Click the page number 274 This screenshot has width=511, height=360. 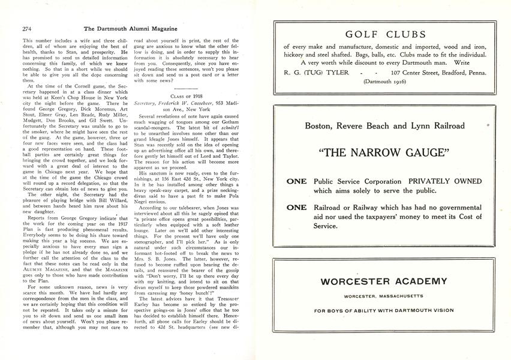tap(27, 28)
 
